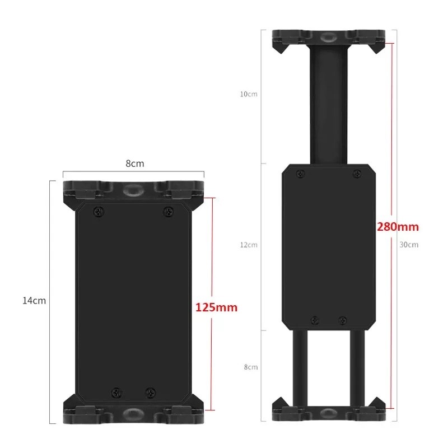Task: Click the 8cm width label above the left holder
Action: (x=134, y=164)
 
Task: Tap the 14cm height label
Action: (x=34, y=301)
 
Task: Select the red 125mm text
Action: (x=216, y=307)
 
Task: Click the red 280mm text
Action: (x=398, y=227)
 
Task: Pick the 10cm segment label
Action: (x=249, y=94)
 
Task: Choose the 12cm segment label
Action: (x=249, y=245)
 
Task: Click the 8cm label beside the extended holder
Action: (x=250, y=367)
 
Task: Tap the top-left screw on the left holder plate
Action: (x=100, y=211)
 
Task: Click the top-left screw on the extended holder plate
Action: (x=301, y=175)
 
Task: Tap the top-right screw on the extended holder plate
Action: (x=356, y=175)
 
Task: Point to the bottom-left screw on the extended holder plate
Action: (x=315, y=320)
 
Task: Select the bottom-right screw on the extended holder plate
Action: (x=342, y=320)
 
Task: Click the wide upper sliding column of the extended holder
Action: (x=328, y=106)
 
